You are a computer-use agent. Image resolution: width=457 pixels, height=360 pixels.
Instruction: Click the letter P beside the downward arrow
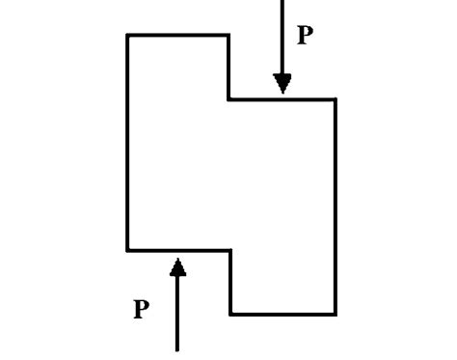coord(305,37)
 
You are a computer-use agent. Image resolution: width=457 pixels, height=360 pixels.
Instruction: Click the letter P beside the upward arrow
coord(142,310)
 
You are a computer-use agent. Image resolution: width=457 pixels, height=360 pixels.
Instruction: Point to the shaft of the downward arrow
coord(282,39)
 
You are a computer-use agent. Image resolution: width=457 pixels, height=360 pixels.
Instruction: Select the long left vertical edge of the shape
coord(127,143)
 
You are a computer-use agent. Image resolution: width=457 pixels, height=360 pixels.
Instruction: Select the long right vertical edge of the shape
coord(336,206)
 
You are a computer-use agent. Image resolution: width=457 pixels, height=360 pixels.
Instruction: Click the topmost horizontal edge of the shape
coord(178,36)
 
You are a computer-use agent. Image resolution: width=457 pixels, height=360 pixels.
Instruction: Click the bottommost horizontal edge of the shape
coord(282,314)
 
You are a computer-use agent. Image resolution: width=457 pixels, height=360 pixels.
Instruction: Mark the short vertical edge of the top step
coord(228,67)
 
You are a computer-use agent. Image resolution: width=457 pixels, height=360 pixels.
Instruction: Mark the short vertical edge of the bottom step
coord(230,282)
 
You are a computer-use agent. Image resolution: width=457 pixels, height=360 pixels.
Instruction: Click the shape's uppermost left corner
coord(127,36)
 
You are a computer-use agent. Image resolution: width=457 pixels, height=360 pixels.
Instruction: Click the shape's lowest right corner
coord(336,314)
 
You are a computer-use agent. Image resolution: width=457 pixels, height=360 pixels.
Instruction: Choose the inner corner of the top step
coord(228,98)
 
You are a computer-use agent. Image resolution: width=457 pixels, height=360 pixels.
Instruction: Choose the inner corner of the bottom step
coord(230,250)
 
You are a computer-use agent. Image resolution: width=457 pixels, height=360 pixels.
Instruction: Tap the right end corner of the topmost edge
coord(228,36)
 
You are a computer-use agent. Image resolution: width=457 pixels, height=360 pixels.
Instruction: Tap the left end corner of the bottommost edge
coord(230,314)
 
